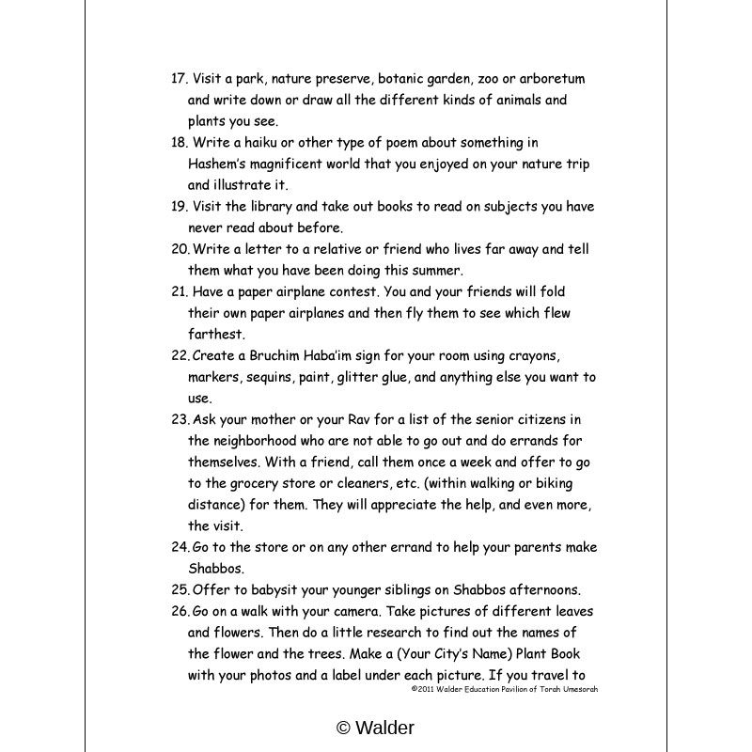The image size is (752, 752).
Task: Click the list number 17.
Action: pos(179,79)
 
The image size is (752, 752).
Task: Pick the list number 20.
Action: pos(180,249)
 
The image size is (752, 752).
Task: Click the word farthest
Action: pos(215,334)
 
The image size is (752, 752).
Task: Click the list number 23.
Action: pos(180,418)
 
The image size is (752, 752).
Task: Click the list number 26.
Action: pos(180,611)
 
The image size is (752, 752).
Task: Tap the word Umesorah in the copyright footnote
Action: pos(575,689)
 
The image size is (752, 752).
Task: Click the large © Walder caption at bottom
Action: pos(375,727)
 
